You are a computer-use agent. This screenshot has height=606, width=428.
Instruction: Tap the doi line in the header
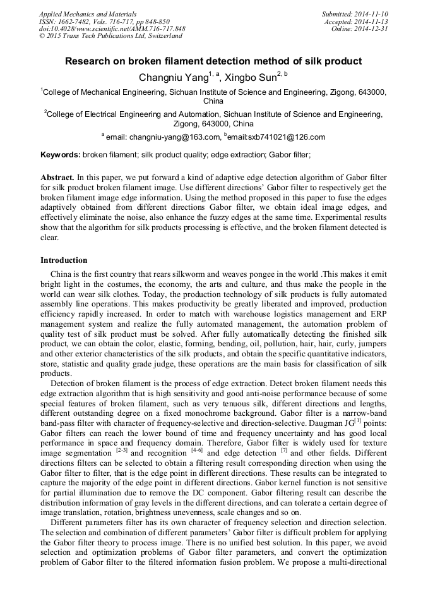[112, 28]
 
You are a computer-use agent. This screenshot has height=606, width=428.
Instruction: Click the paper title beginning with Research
[213, 61]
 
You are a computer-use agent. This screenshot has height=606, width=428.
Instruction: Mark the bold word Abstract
[57, 178]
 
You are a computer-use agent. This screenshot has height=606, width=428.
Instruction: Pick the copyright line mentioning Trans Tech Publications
[110, 36]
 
